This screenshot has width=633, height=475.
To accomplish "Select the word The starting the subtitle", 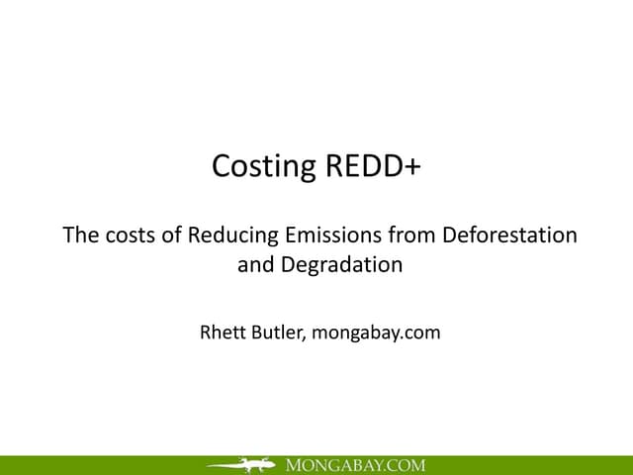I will [x=80, y=237].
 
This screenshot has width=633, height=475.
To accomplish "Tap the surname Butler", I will [x=281, y=332].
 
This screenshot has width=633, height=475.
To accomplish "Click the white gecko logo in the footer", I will [x=241, y=464].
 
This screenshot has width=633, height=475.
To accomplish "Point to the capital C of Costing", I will [x=223, y=166].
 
